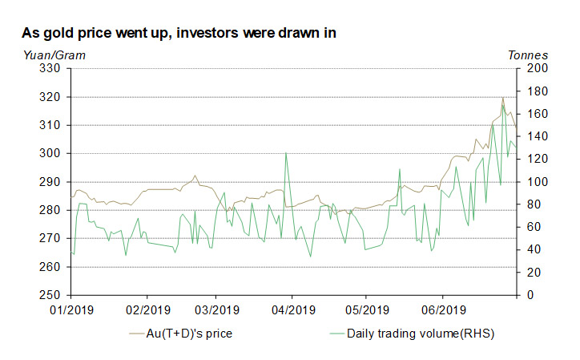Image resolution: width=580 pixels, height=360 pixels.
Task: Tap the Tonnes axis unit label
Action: (x=529, y=55)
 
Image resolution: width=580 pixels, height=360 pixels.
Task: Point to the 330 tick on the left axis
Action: (x=52, y=69)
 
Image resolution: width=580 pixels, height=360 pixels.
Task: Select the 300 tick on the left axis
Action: (x=52, y=154)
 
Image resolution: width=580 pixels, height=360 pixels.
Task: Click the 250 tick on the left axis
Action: (x=52, y=296)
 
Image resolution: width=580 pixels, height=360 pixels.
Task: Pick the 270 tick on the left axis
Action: (x=52, y=239)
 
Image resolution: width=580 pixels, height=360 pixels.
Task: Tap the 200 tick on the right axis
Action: (x=536, y=69)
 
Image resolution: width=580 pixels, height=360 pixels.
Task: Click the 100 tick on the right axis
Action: (x=536, y=182)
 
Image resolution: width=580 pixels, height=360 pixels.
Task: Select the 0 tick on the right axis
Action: (x=530, y=296)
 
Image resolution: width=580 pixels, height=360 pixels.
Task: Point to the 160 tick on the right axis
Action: (x=536, y=114)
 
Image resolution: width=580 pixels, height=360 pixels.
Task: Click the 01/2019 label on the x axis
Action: (x=70, y=309)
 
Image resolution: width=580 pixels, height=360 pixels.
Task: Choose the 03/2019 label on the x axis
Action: (x=217, y=309)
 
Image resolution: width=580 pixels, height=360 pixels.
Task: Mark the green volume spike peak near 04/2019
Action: (x=286, y=152)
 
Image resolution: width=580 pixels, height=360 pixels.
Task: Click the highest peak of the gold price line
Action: (x=503, y=98)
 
